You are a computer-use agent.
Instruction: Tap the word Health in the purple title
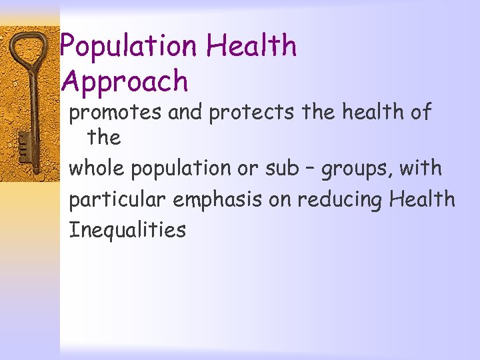click(x=251, y=47)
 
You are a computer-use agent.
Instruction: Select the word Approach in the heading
click(x=125, y=82)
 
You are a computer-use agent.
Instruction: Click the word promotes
click(x=116, y=113)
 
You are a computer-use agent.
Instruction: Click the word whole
click(x=97, y=168)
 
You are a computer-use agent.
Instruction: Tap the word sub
click(x=283, y=168)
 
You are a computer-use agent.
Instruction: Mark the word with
click(x=421, y=168)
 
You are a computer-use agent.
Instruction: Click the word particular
click(x=117, y=199)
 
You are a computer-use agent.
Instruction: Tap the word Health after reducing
click(x=423, y=199)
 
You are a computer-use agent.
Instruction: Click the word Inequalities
click(x=127, y=231)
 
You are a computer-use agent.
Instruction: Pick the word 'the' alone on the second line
click(x=104, y=138)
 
